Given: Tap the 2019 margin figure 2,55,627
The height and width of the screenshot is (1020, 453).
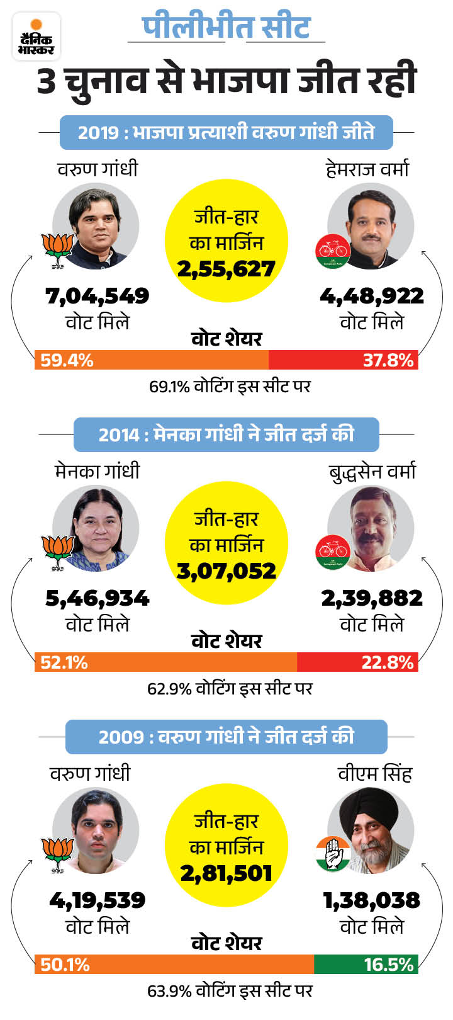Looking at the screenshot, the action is pyautogui.click(x=226, y=269).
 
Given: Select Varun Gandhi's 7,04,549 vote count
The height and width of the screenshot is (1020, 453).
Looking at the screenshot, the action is pyautogui.click(x=98, y=296).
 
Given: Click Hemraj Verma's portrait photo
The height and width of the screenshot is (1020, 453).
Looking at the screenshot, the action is pyautogui.click(x=371, y=226).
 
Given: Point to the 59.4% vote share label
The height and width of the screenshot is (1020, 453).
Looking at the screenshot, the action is pyautogui.click(x=67, y=360).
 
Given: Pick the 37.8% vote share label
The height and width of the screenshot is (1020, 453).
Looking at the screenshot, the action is pyautogui.click(x=388, y=360).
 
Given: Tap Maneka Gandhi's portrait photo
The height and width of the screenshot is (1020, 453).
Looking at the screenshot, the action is pyautogui.click(x=96, y=528).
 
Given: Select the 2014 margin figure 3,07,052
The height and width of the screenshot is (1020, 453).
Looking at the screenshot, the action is pyautogui.click(x=226, y=571).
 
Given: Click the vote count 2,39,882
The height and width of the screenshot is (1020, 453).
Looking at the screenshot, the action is pyautogui.click(x=372, y=598).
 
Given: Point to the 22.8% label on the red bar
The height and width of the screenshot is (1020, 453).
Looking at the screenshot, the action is pyautogui.click(x=388, y=662).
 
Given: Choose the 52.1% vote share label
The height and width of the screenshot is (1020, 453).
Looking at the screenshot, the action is pyautogui.click(x=64, y=662).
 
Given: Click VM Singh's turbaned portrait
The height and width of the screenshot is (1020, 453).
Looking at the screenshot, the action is pyautogui.click(x=371, y=830).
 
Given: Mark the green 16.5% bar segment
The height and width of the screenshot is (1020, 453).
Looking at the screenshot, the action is pyautogui.click(x=366, y=965).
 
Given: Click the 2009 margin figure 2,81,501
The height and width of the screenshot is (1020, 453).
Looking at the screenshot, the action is pyautogui.click(x=226, y=873).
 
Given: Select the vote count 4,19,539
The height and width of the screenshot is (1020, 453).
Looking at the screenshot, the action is pyautogui.click(x=98, y=900).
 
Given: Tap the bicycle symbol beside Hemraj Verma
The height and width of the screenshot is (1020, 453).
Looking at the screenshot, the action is pyautogui.click(x=333, y=251).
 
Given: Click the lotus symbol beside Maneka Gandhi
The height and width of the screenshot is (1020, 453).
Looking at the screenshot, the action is pyautogui.click(x=58, y=553).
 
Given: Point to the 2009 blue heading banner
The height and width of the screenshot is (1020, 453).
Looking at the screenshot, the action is pyautogui.click(x=226, y=737).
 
